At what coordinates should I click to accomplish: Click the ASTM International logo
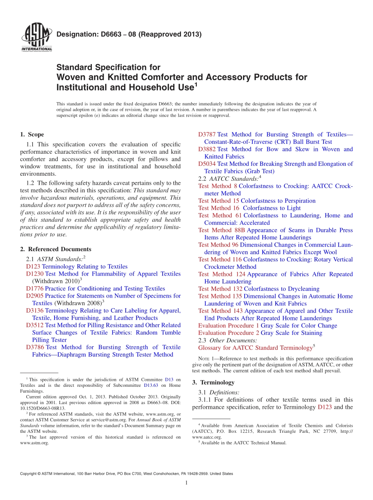pos(37,37)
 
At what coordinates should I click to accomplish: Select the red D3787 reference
pos(207,135)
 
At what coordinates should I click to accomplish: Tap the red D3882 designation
pos(207,149)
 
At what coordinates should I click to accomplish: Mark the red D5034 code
pos(207,164)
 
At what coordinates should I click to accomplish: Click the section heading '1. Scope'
pos(32,134)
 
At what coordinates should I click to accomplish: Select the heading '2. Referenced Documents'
pos(55,249)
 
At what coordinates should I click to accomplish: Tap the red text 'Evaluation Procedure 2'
pos(229,333)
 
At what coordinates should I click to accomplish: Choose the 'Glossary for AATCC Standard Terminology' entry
pos(255,348)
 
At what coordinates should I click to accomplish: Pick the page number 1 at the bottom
pos(186,483)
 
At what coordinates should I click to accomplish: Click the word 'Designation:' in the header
pos(72,35)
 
